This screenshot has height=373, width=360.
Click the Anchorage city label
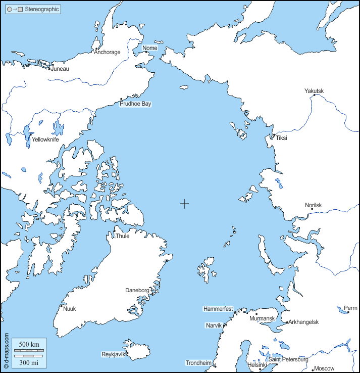(107, 52)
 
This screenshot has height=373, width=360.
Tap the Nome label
(150, 48)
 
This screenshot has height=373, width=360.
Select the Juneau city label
(60, 69)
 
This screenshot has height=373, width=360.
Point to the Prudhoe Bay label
(135, 104)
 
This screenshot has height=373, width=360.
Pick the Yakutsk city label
(314, 91)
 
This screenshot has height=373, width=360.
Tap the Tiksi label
(281, 138)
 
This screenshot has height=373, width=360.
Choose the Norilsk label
(313, 205)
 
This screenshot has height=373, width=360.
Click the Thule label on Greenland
(122, 236)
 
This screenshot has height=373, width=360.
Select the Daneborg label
(137, 291)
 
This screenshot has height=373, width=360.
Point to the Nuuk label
(69, 309)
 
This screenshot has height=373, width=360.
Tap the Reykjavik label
(113, 354)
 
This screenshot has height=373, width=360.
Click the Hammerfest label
(218, 308)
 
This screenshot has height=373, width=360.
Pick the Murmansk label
(262, 319)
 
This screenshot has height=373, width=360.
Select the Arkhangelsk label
(304, 322)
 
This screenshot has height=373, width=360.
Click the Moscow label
(324, 369)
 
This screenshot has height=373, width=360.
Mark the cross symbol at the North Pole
(185, 204)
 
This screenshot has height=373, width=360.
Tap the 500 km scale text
(28, 345)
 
